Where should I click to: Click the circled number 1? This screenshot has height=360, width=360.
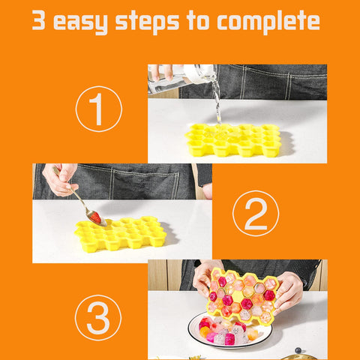98,109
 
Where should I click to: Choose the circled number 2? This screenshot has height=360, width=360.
255,215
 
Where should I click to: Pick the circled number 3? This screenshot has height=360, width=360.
98,319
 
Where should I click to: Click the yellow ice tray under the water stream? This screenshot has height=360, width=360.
233,140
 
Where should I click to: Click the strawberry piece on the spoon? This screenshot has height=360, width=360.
95,217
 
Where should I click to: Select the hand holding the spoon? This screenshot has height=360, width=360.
60,180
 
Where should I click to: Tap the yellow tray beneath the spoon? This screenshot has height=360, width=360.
120,235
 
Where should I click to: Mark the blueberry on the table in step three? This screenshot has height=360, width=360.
298,350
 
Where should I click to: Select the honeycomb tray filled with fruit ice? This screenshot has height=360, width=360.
241,296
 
